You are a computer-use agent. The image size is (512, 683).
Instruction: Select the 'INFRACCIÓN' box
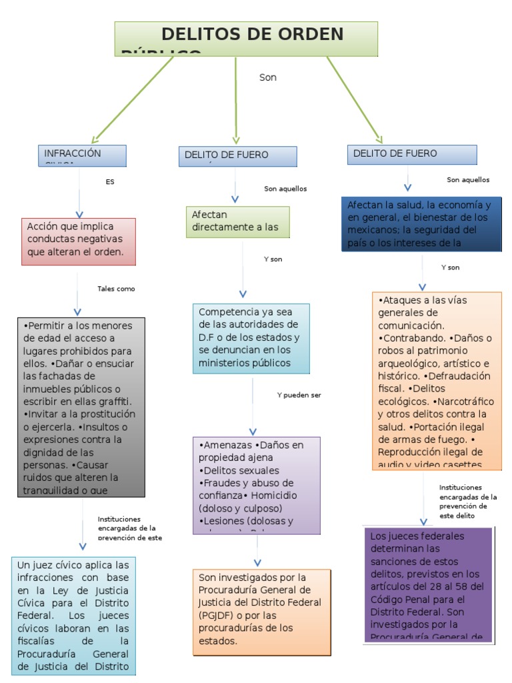[x=82, y=155]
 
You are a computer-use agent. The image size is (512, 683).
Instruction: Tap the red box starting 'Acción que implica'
[x=78, y=240]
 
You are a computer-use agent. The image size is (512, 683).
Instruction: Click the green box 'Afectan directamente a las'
[x=237, y=221]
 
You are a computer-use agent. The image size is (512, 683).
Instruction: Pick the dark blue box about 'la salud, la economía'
[x=421, y=223]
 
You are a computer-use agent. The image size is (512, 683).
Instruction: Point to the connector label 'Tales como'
[x=116, y=289]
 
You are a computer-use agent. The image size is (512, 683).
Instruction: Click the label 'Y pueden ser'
[x=299, y=395]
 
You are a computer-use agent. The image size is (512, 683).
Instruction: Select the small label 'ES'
[x=110, y=181]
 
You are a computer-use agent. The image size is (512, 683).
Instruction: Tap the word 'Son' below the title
[x=268, y=77]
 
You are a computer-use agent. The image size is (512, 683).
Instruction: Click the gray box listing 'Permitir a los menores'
[x=81, y=407]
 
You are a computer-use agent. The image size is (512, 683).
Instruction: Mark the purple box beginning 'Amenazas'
[x=257, y=485]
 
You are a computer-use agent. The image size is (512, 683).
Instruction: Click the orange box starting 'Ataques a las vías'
[x=437, y=381]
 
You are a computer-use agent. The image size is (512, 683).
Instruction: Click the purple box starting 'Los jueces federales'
[x=427, y=585]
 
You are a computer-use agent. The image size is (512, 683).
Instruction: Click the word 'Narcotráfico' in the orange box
[x=467, y=402]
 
